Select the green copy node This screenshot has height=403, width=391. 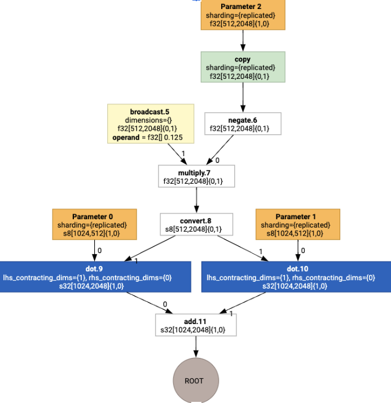pyautogui.click(x=243, y=67)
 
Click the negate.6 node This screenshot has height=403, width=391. pyautogui.click(x=243, y=124)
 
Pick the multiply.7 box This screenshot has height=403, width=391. pyautogui.click(x=196, y=176)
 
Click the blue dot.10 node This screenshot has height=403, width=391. pyautogui.click(x=296, y=277)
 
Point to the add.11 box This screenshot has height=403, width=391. pyautogui.click(x=196, y=325)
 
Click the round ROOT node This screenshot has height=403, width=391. pyautogui.click(x=194, y=380)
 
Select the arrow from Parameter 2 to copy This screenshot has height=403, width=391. pyautogui.click(x=243, y=41)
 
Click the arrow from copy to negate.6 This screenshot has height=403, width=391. pyautogui.click(x=243, y=97)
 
